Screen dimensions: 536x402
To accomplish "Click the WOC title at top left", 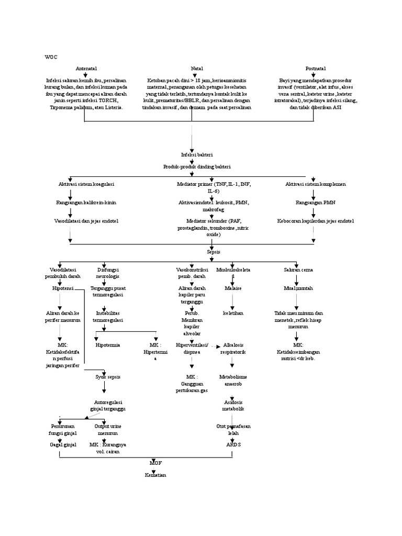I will point(51,56).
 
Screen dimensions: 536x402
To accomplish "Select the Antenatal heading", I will point(86,69).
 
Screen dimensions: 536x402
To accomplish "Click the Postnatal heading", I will point(315,69).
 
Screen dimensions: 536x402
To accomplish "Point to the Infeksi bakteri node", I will point(192,155).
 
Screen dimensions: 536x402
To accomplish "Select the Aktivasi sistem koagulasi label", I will point(86,184).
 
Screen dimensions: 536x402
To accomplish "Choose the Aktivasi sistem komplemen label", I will point(315,184).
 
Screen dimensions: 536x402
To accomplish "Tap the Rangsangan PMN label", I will point(314,202).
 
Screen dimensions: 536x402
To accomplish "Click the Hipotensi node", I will point(63,288).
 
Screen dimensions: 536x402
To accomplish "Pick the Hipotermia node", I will point(106,345).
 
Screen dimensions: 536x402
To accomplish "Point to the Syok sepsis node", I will point(106,376).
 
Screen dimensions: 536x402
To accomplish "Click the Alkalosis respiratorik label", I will point(234,349).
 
